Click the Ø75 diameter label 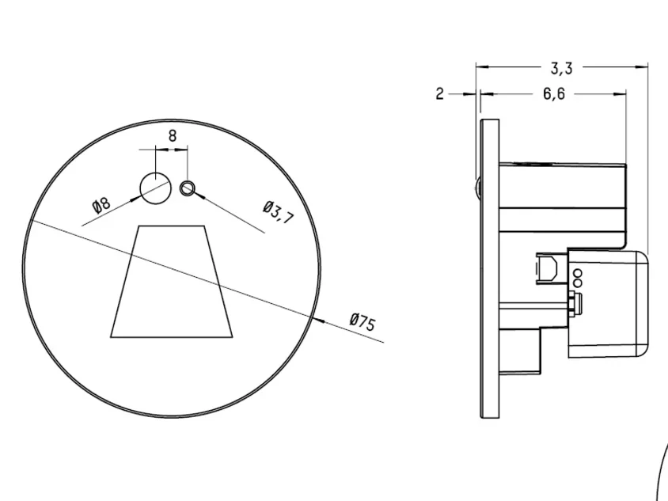coord(362,321)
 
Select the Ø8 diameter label coord(101,205)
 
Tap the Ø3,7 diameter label coord(279,212)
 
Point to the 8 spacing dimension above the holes coord(172,136)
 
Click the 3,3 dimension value coord(561,68)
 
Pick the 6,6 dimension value coord(554,93)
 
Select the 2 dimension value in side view coord(439,93)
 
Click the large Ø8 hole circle coord(156,188)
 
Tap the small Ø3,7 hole coord(188,188)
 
